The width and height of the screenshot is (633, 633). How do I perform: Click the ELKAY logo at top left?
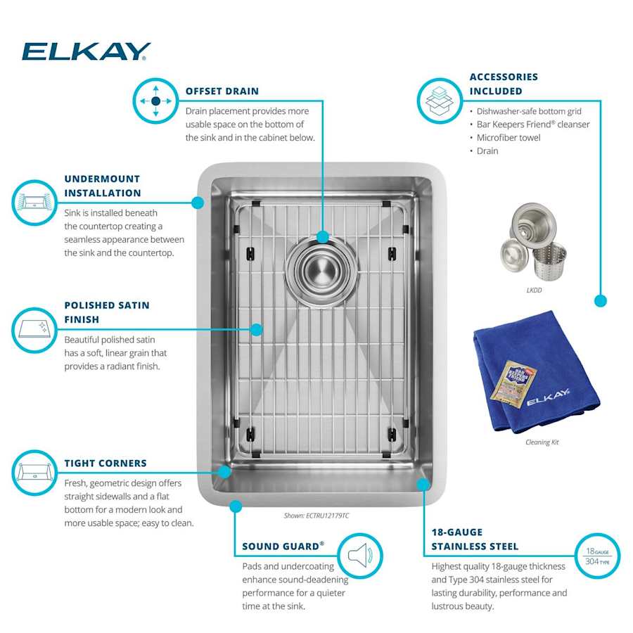(86, 51)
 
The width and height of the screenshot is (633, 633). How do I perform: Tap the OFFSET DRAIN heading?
(222, 91)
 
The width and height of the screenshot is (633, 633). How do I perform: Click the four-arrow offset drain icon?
(155, 101)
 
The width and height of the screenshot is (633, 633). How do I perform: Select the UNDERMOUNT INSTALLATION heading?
(102, 186)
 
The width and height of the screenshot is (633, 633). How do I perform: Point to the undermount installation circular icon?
(34, 203)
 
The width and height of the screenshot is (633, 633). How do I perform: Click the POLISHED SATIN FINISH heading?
(107, 312)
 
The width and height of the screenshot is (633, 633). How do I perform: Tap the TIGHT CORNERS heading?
(105, 463)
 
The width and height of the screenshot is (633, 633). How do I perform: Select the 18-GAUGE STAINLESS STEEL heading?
(475, 539)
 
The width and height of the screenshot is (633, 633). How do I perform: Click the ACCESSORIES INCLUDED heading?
(504, 84)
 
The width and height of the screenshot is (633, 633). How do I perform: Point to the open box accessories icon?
(440, 101)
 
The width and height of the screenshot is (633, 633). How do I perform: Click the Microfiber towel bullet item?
(509, 138)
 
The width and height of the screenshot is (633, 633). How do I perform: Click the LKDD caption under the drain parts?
(534, 290)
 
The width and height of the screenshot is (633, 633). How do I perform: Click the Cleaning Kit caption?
(542, 442)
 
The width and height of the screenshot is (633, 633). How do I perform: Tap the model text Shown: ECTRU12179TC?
(316, 516)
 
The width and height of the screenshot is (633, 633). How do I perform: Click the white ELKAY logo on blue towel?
(549, 397)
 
